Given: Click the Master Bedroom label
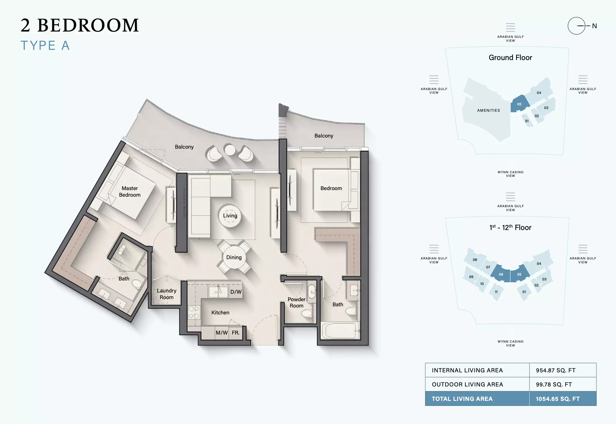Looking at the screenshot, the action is [130, 192].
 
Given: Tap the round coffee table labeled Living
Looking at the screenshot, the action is [230, 216].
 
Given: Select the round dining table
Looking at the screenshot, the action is [234, 257].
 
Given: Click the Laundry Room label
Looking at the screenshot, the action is [166, 294].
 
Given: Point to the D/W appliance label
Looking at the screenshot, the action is [236, 292].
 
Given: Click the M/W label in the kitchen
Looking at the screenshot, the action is [222, 333].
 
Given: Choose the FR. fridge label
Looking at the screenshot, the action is [236, 333].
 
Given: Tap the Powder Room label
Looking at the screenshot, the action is [297, 302].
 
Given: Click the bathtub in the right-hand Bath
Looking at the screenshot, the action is [341, 331].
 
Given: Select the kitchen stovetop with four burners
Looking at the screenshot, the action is [194, 312].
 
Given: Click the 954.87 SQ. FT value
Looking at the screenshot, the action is [556, 370].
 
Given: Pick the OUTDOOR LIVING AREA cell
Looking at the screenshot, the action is [477, 384].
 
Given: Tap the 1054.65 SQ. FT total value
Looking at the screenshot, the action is [558, 399].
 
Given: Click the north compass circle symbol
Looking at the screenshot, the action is [576, 26].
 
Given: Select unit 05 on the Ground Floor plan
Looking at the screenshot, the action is [520, 104].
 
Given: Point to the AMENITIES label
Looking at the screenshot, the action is [489, 111].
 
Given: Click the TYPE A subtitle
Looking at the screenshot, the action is [45, 46].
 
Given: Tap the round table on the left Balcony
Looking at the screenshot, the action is [230, 150].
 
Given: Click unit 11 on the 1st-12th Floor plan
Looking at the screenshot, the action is [496, 292].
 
